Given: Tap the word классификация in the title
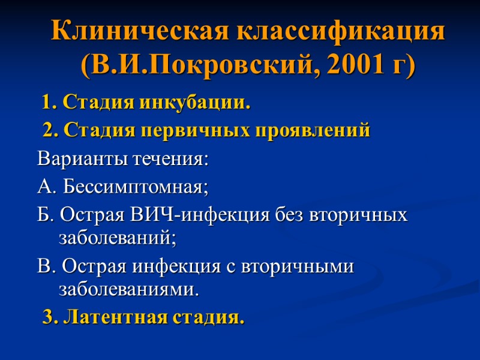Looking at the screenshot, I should point(341,31).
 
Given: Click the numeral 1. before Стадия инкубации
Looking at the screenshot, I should point(49,103).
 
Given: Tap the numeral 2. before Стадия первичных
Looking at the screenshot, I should point(50,130).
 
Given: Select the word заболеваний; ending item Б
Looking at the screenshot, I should point(118,239).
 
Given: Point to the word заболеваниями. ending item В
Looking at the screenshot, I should point(128,290).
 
